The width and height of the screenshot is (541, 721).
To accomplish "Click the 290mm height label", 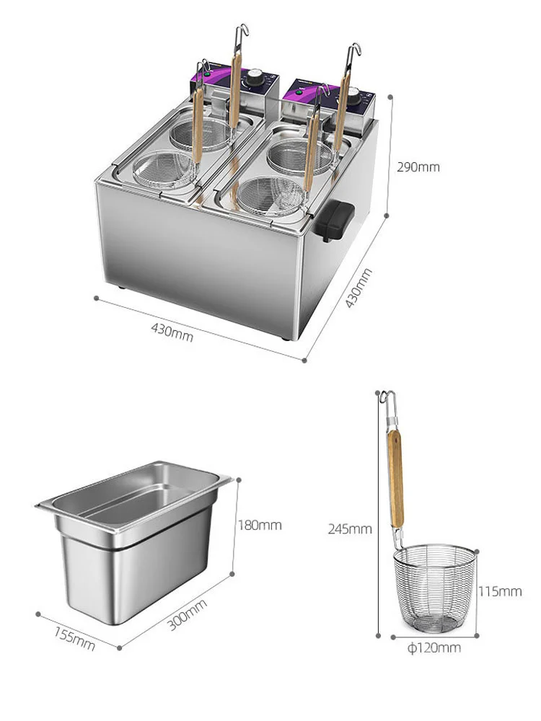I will [x=418, y=167].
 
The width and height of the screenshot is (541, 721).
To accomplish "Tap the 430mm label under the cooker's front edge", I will [x=172, y=332].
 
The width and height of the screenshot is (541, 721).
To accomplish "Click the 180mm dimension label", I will [x=260, y=525].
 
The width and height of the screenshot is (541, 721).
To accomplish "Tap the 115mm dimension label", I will [x=500, y=592].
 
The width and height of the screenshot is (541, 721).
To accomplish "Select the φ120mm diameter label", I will [x=434, y=648].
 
